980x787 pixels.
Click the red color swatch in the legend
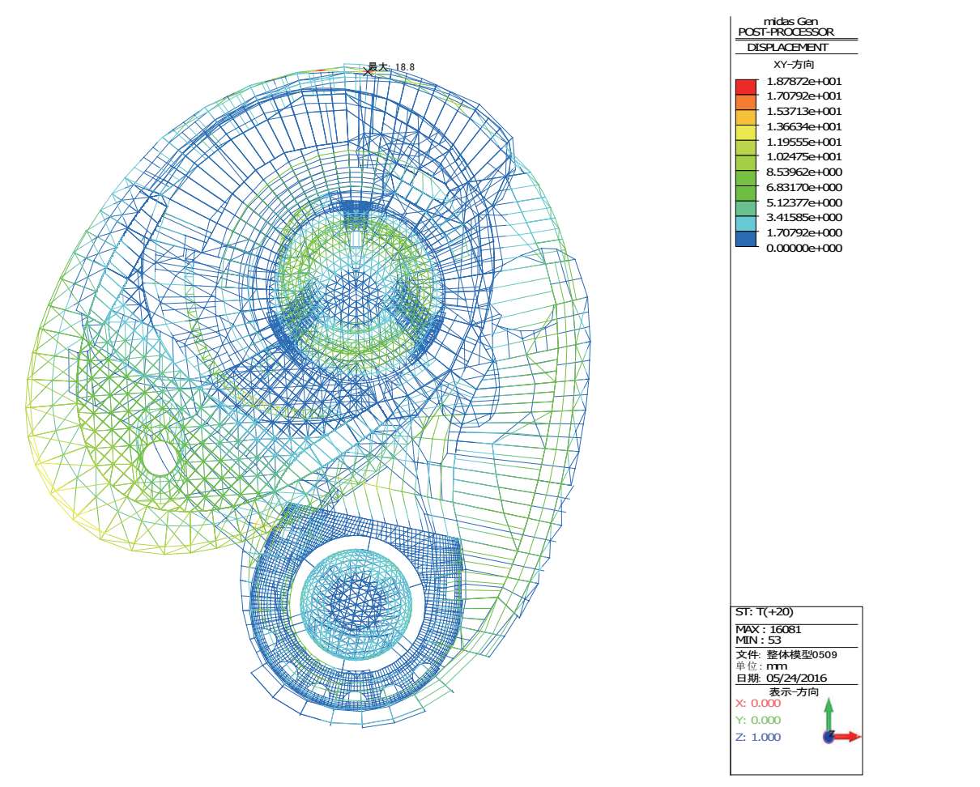pos(745,87)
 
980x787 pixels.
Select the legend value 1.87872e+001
pos(804,82)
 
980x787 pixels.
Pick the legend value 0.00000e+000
pos(804,248)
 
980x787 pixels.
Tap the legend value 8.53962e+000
pos(804,172)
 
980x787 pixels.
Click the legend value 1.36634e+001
pos(804,126)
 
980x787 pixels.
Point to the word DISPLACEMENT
pos(787,47)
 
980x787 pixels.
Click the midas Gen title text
pos(790,21)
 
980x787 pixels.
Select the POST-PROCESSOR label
pos(786,32)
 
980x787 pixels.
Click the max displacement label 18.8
pos(405,67)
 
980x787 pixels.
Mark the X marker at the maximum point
pos(368,71)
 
